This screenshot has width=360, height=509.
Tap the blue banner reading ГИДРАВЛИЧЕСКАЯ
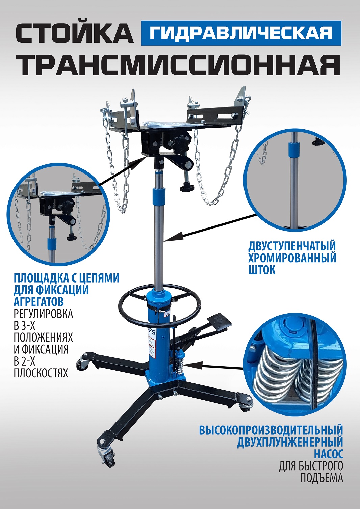point(241,33)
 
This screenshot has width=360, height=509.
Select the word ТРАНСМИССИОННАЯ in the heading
point(178,65)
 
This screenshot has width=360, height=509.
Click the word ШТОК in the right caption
point(262,270)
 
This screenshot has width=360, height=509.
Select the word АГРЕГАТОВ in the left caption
point(39,301)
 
